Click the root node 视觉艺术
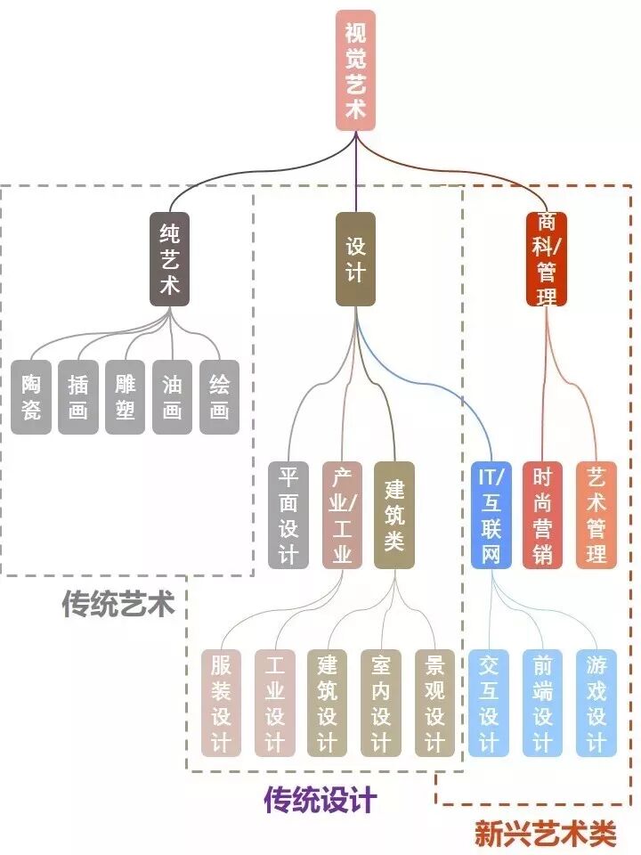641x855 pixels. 356,69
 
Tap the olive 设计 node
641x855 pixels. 355,258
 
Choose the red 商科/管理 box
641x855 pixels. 547,258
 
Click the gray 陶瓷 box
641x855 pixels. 32,396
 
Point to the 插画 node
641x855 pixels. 78,396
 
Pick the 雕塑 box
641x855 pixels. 126,396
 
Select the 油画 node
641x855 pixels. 173,396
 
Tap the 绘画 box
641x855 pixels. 220,396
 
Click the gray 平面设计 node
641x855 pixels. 288,515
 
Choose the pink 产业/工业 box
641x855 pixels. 343,515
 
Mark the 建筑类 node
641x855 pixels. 394,515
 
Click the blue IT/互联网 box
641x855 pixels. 492,515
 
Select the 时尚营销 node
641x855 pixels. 542,515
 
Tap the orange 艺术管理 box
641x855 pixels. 596,515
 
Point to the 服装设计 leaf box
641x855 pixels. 222,703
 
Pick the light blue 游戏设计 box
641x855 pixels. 596,703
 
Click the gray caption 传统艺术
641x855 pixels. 118,605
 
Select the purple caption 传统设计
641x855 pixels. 320,799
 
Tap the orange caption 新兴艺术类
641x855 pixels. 545,833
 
